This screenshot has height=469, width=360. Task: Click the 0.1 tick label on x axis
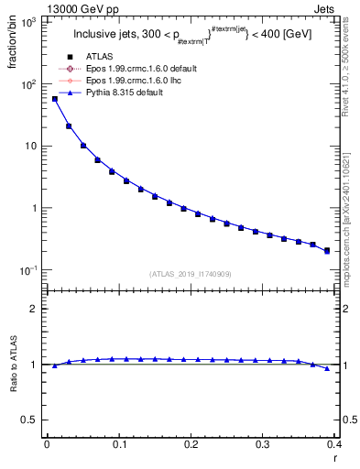(118, 445)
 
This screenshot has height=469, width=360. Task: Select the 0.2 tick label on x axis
(191, 445)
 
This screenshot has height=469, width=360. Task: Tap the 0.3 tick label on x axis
(262, 445)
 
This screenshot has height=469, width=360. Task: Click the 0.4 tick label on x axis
(333, 445)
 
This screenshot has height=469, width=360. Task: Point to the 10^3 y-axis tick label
(27, 22)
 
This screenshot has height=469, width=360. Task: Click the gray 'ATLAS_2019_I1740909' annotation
(190, 274)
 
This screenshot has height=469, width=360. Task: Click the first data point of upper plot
(54, 99)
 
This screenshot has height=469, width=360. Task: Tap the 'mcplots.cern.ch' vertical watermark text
(352, 229)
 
